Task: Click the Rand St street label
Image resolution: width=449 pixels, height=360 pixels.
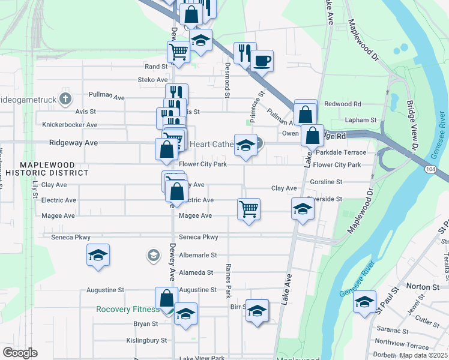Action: pos(155,67)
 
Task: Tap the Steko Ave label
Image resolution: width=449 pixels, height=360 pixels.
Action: pos(153,80)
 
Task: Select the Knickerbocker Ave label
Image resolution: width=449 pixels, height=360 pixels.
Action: pos(70,125)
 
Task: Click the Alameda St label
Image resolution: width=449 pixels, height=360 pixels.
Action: pos(196,272)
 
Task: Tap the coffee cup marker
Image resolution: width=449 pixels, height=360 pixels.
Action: pos(262,60)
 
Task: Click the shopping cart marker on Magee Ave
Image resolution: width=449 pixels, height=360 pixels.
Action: pos(249,209)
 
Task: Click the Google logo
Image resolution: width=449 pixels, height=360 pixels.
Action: pos(20,353)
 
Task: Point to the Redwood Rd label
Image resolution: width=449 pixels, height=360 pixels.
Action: pos(342,104)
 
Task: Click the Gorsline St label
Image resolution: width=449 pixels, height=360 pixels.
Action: pos(326,182)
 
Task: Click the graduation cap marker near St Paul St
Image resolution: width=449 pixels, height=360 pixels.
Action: pos(364,301)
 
